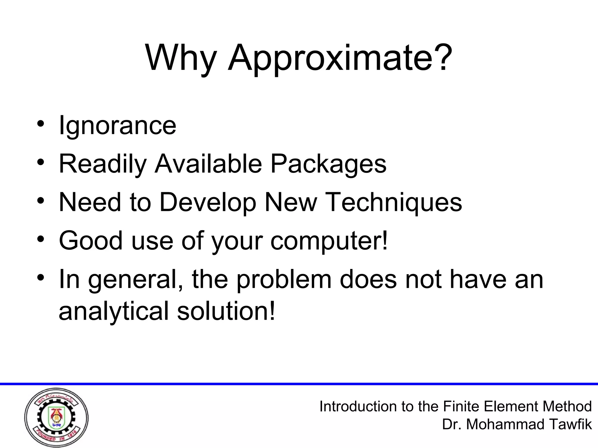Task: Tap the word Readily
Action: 102,164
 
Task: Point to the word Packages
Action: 328,164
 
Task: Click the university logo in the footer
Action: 56,418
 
